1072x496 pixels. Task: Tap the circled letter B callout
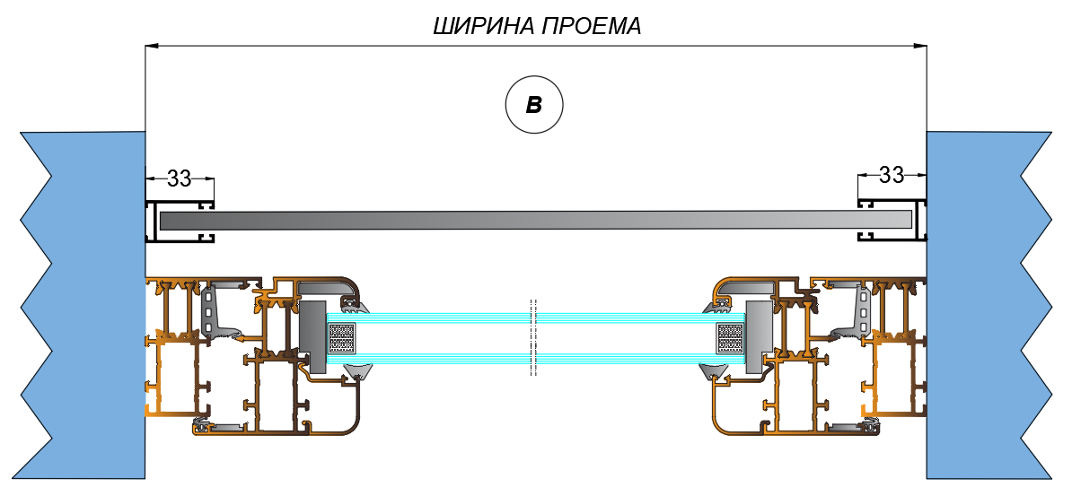click(533, 105)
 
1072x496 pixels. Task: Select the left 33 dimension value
click(180, 178)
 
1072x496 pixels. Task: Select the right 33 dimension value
click(891, 175)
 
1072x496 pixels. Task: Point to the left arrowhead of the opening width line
click(152, 44)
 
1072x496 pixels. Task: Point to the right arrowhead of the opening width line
click(921, 44)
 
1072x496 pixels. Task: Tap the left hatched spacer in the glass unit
click(343, 339)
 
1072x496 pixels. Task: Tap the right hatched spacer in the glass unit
click(728, 339)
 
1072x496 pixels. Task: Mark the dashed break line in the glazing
click(533, 337)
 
